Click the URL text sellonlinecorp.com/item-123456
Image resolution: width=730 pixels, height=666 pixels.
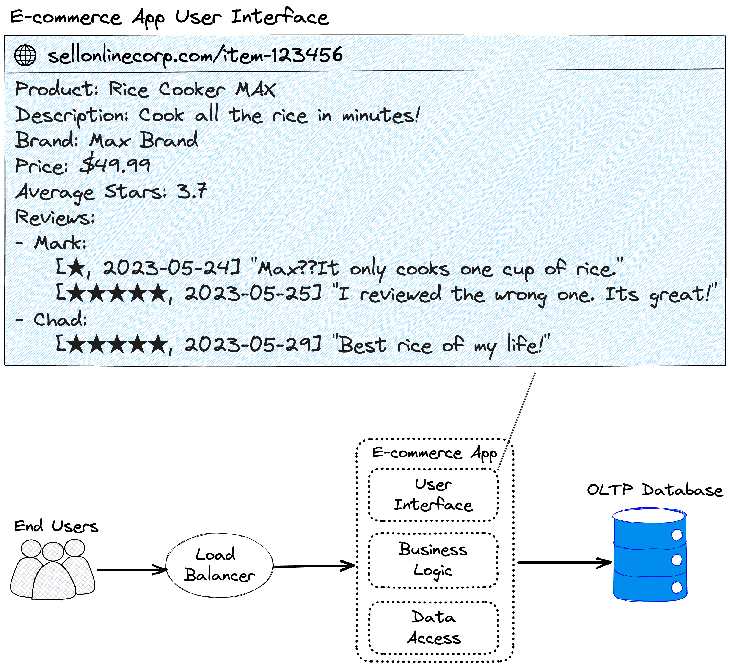[196, 56]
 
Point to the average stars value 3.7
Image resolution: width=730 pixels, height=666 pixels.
[192, 191]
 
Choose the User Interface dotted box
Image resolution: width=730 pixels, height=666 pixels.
[433, 495]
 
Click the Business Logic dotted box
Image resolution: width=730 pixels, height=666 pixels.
[433, 560]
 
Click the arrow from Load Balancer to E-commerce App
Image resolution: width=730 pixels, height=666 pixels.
[314, 566]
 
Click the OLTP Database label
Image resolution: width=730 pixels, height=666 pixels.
[654, 490]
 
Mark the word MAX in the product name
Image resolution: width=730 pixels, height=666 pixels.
[255, 89]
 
